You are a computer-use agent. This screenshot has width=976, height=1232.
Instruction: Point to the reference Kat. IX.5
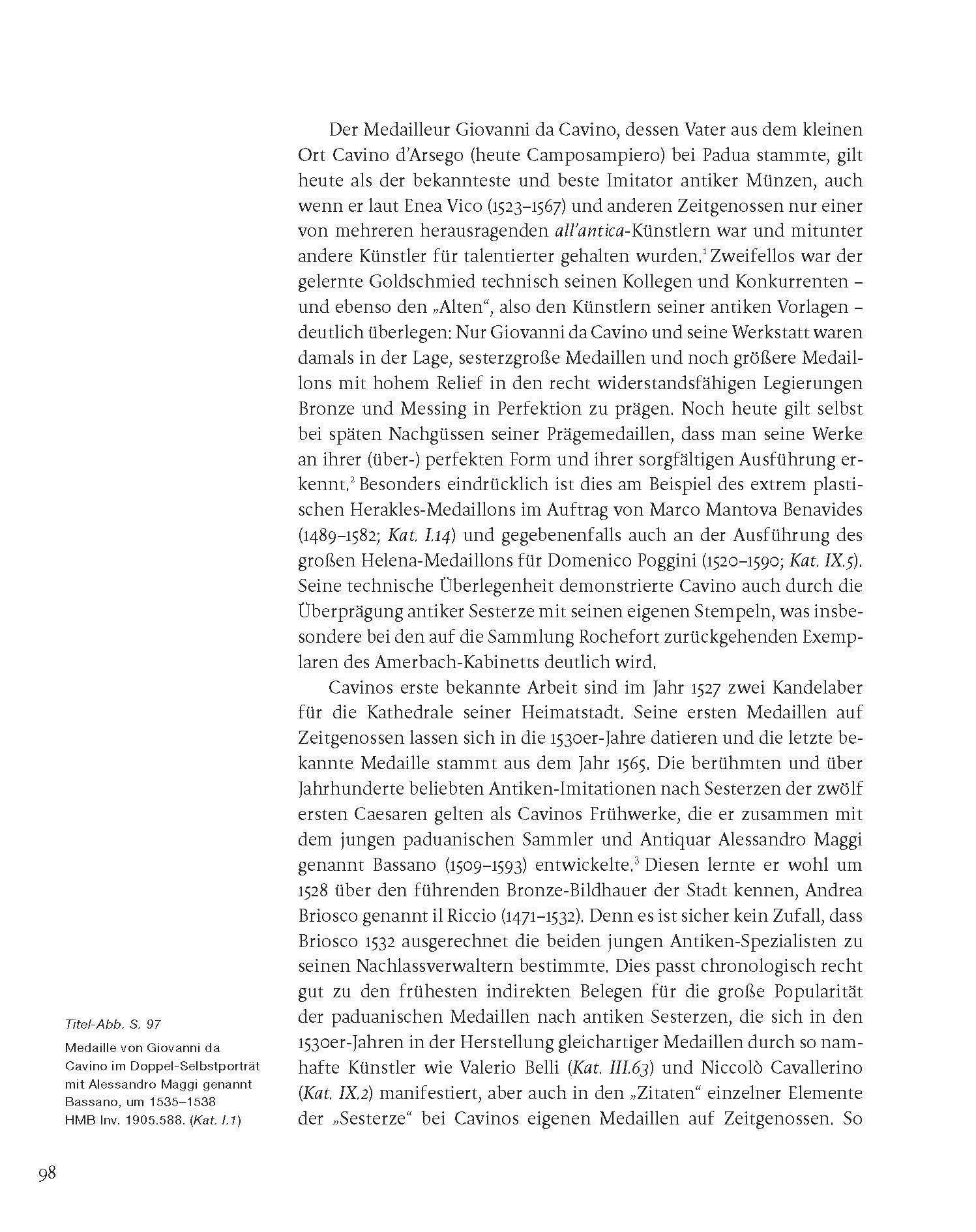coord(823,561)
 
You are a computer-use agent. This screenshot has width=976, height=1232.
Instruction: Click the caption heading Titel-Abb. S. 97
coord(113,1024)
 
